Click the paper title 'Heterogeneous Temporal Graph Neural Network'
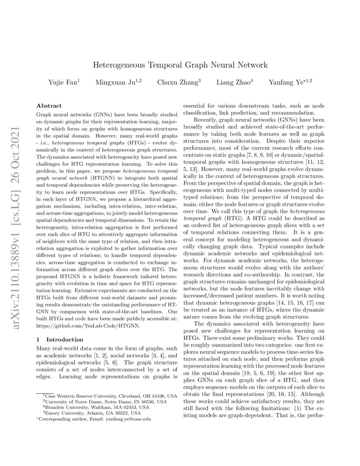pos(180,65)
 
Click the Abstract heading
pos(49,105)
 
